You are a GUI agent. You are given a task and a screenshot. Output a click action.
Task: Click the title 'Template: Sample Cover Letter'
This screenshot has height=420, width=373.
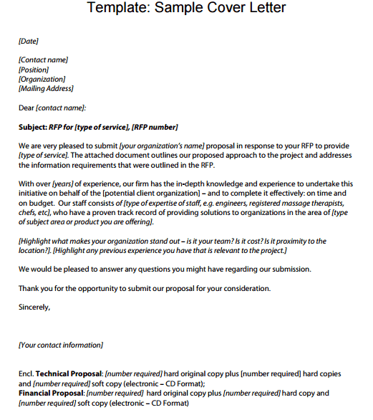(x=186, y=9)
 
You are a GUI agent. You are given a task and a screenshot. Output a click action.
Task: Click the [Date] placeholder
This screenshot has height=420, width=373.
(x=29, y=42)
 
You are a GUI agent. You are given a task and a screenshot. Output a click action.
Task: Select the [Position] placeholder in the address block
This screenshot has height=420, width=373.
(x=34, y=70)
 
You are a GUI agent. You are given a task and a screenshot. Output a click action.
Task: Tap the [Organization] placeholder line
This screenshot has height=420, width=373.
(x=42, y=79)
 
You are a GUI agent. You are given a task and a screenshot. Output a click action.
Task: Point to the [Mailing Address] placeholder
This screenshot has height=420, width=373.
(x=47, y=89)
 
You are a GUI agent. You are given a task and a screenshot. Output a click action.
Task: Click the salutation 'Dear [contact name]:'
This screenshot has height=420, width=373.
(x=52, y=108)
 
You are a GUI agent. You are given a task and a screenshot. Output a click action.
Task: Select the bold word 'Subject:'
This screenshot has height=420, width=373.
(x=33, y=127)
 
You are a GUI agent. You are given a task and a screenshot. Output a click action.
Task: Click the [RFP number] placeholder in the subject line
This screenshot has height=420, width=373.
(x=155, y=127)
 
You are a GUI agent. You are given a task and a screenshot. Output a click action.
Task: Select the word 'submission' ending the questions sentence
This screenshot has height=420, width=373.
(x=291, y=269)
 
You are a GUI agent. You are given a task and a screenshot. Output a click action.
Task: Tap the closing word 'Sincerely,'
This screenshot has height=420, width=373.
(x=34, y=307)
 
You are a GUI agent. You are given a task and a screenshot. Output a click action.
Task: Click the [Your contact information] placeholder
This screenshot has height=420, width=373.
(x=61, y=345)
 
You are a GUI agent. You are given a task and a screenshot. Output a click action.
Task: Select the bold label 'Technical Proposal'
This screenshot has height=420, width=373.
(x=69, y=373)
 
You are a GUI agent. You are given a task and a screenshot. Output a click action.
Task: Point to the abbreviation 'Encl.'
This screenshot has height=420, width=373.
(x=26, y=373)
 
